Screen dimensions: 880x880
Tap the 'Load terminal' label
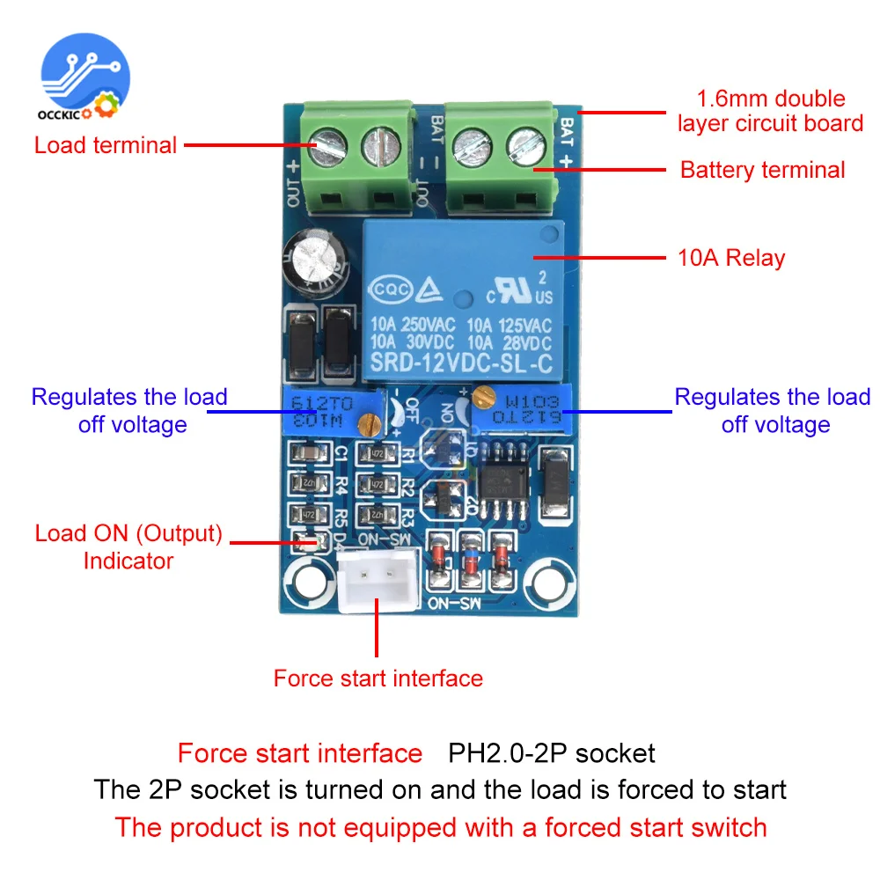point(106,145)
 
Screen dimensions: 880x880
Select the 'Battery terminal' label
point(762,170)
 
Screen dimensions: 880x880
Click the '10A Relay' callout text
point(730,258)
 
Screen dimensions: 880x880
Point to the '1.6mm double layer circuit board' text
point(770,111)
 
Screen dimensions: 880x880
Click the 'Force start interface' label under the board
point(378,678)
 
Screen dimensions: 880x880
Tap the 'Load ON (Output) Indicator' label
point(128,546)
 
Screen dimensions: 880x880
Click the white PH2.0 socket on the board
point(378,581)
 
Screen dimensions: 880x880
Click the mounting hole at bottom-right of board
point(548,581)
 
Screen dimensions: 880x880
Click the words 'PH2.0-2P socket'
point(552,753)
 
